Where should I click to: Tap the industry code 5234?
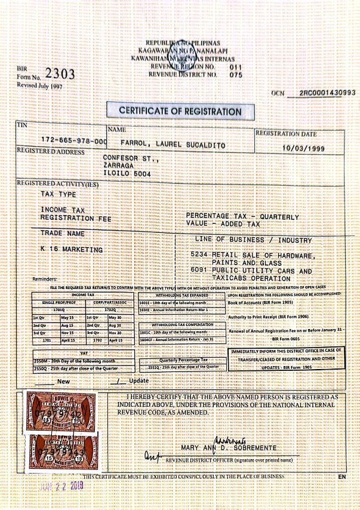point(201,254)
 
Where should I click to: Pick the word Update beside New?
point(139,380)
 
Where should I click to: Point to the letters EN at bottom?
point(341,477)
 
